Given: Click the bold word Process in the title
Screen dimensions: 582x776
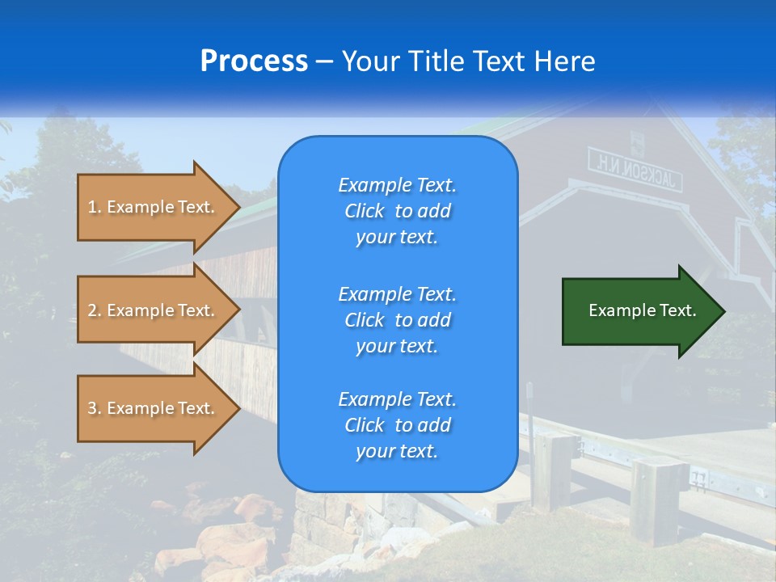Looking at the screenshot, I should [x=254, y=61].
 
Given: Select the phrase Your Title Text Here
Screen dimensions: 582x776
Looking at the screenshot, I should [x=468, y=61].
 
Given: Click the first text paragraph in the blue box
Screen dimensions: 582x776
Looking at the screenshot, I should [x=397, y=211].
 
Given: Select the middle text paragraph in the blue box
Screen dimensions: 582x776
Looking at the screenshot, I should [x=397, y=319].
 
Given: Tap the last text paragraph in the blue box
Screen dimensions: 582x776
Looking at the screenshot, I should [x=397, y=425].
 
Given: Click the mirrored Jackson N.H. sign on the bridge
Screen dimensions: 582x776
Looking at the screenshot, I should [x=635, y=170].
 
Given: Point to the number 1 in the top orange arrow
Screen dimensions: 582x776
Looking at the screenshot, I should [x=92, y=207].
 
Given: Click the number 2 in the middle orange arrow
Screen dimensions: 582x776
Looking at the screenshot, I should [x=92, y=310].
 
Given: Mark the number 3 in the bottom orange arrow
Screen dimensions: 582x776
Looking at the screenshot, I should [x=92, y=408].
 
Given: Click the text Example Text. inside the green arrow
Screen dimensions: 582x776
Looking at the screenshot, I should [x=643, y=310].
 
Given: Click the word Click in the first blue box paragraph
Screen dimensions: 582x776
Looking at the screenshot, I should [x=365, y=211].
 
